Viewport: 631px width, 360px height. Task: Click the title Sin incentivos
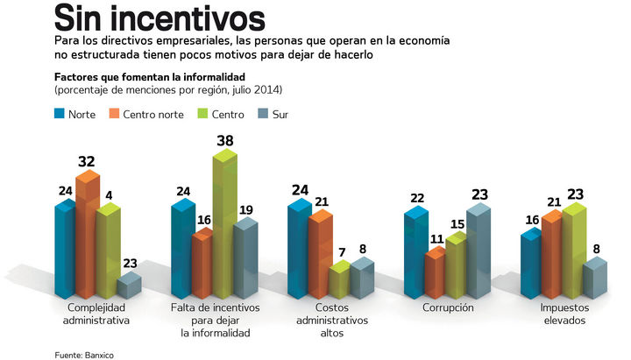coord(159,18)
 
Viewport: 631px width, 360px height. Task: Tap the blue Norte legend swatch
coord(60,113)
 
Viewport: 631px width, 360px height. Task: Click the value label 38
coord(225,140)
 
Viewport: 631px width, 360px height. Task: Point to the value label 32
coord(87,161)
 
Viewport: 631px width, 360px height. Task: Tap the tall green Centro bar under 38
coord(223,228)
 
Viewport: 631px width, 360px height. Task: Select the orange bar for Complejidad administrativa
coord(86,236)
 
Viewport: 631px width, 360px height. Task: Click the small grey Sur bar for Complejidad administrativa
coord(128,286)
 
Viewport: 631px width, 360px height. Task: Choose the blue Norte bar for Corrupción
coord(415,254)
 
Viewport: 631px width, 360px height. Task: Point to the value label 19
coord(246,210)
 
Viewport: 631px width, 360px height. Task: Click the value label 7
coord(340,252)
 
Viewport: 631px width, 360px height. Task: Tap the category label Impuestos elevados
coord(564,314)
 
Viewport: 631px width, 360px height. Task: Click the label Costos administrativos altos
coord(330,321)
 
